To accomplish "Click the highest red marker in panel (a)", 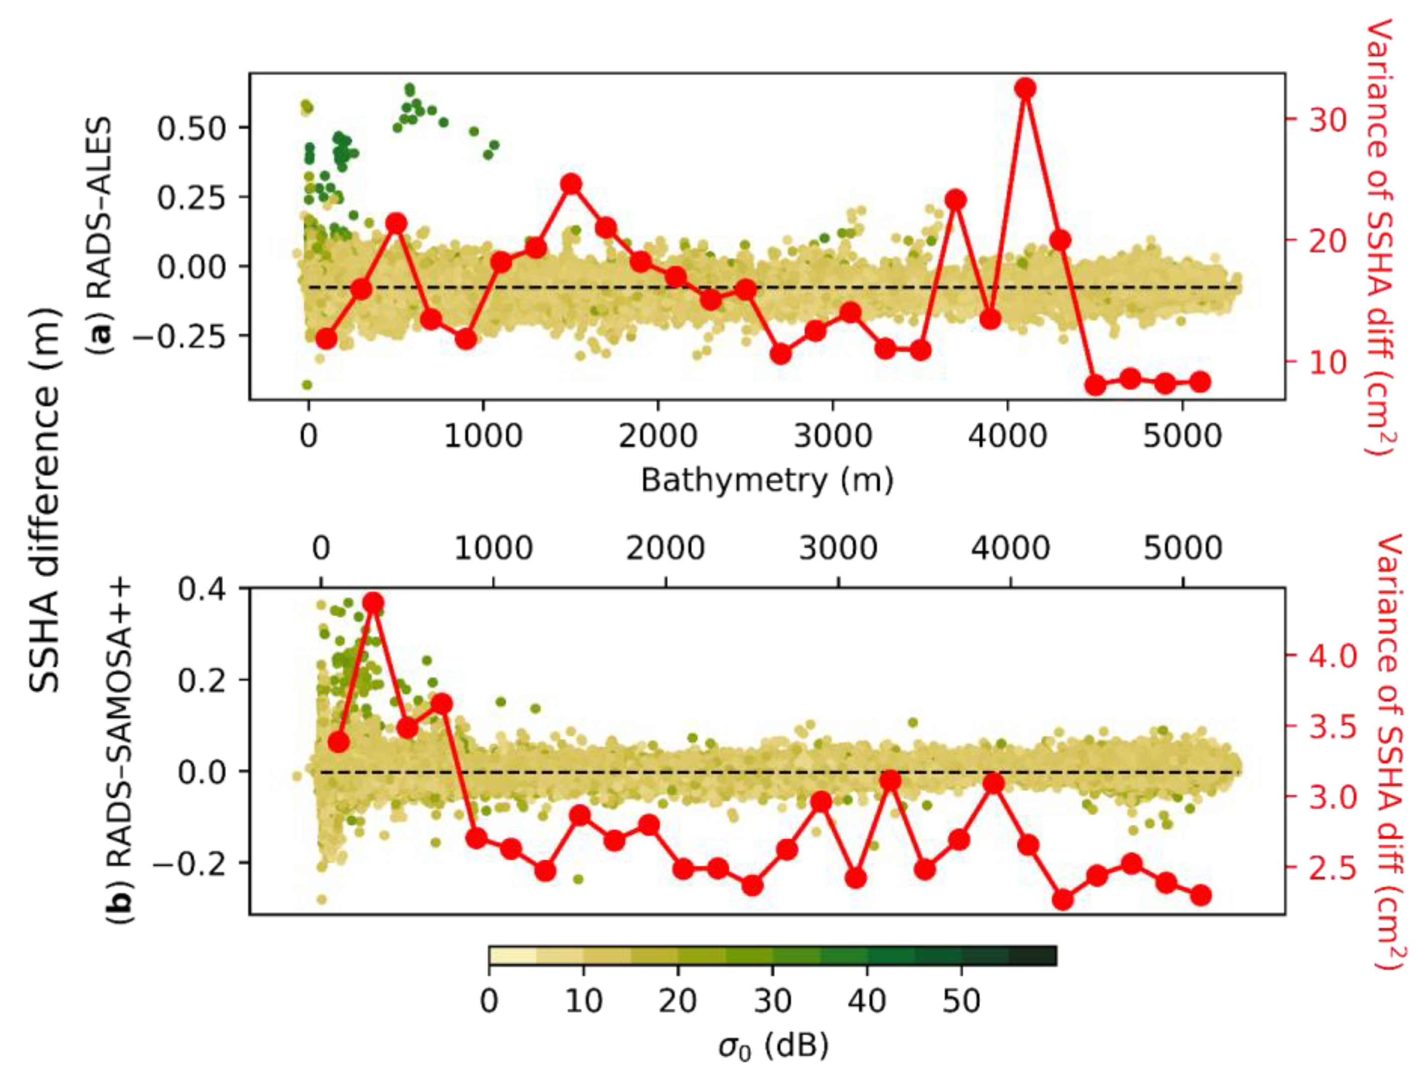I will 1025,88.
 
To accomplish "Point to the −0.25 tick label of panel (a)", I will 181,336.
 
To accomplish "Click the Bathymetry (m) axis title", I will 766,480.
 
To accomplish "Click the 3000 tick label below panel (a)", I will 832,437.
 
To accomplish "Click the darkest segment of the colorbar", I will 1032,955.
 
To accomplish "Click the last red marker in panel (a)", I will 1200,382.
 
